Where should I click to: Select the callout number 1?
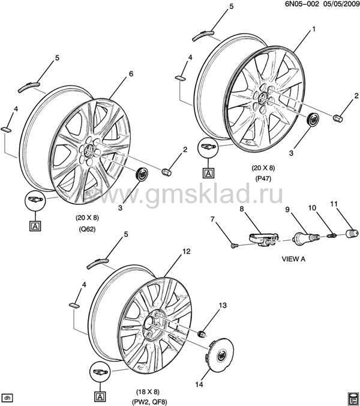click(x=314, y=29)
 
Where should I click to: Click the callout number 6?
click(x=131, y=74)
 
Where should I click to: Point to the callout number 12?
click(x=186, y=251)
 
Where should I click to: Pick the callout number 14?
click(x=199, y=384)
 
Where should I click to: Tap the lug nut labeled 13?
click(x=201, y=335)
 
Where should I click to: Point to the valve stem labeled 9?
click(x=304, y=237)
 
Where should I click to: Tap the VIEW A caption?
click(x=293, y=259)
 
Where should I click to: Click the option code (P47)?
click(x=263, y=178)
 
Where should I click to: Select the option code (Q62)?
click(x=88, y=229)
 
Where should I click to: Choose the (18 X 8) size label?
click(x=148, y=391)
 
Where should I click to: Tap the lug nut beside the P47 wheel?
click(x=338, y=118)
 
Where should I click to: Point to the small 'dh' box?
click(x=7, y=398)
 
